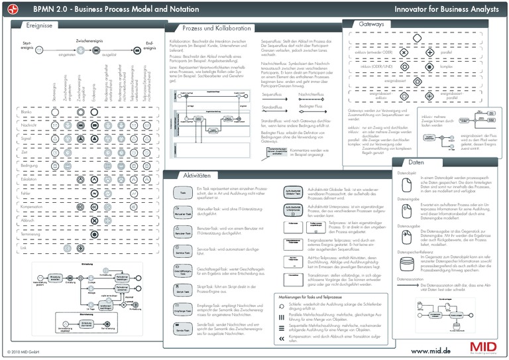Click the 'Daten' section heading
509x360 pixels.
coord(416,162)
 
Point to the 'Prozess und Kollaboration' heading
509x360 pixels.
coord(217,29)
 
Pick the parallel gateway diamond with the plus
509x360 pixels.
coord(430,52)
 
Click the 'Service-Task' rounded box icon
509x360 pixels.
coord(183,253)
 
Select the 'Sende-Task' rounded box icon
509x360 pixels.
coord(183,329)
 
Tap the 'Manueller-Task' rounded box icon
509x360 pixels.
coord(183,214)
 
